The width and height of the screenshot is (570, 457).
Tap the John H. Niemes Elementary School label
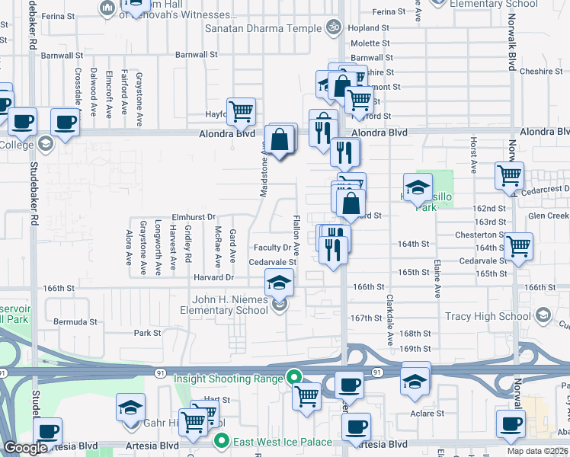click(x=224, y=305)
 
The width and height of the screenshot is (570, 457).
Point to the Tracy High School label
click(x=488, y=316)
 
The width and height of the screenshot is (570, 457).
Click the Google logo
click(x=25, y=449)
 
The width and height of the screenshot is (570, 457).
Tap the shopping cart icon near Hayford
click(x=241, y=111)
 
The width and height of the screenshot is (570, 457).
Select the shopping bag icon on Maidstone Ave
click(x=280, y=140)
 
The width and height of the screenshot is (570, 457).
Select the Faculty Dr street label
click(x=272, y=248)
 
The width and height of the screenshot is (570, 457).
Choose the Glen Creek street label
click(x=548, y=216)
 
